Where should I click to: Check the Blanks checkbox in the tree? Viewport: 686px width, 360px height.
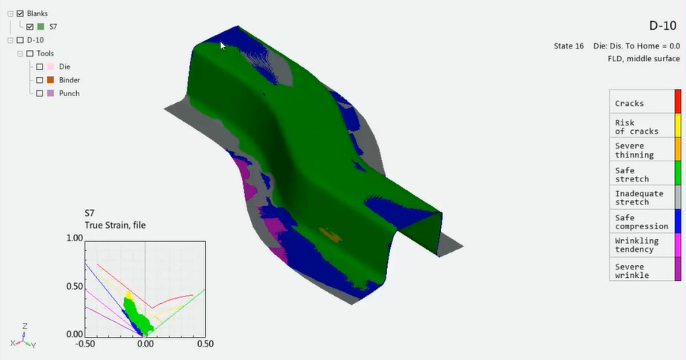pyautogui.click(x=20, y=13)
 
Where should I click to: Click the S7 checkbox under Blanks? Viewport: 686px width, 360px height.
pyautogui.click(x=30, y=27)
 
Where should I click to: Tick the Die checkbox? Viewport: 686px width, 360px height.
pyautogui.click(x=40, y=67)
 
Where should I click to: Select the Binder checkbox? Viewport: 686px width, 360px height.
pyautogui.click(x=40, y=80)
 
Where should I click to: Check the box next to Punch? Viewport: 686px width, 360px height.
pyautogui.click(x=40, y=93)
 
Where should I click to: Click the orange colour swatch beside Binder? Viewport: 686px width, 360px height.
pyautogui.click(x=50, y=80)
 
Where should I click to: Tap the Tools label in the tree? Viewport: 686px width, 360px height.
pyautogui.click(x=45, y=53)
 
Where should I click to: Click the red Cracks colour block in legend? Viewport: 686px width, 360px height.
pyautogui.click(x=678, y=101)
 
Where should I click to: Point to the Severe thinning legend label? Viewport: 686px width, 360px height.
pyautogui.click(x=634, y=150)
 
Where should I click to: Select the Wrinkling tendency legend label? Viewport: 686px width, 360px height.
pyautogui.click(x=637, y=245)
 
